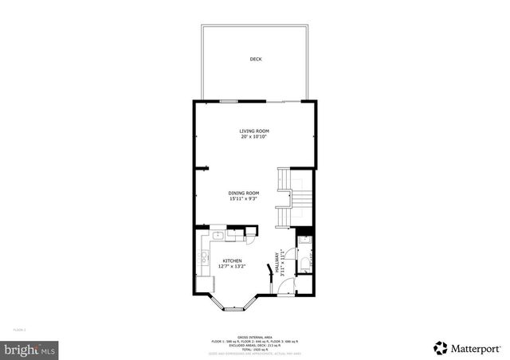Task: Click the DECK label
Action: coord(255,59)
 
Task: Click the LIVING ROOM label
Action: coord(254,131)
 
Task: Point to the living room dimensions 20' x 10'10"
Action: coord(254,137)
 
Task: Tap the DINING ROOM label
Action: coord(244,193)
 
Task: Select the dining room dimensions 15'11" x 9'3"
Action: coord(244,199)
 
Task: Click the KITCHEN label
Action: coord(232,260)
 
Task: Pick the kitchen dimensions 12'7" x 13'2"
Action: coord(232,267)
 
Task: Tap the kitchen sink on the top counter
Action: coord(217,235)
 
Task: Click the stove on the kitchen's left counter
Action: coord(203,257)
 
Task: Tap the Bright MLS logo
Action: coord(30,349)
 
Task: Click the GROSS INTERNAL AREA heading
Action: coord(255,336)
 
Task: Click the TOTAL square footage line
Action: coord(255,349)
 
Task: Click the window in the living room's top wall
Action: coord(229,101)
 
